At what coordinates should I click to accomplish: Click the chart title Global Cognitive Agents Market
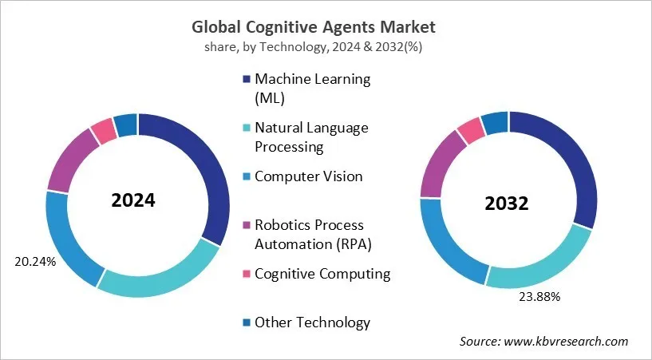326,26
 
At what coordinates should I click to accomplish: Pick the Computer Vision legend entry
308,176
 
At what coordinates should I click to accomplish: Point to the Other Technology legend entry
312,322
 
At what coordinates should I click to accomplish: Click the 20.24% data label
35,261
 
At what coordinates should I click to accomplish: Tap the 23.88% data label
539,297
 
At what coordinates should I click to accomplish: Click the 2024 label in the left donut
133,200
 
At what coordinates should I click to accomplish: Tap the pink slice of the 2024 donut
102,131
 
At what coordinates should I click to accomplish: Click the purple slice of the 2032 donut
440,164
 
